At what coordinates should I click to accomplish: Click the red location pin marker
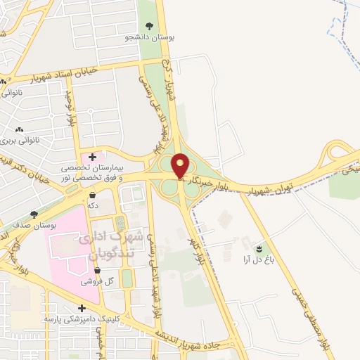click(181, 166)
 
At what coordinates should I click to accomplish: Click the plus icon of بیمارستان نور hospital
click(91, 156)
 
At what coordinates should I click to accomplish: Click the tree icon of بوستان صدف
click(34, 214)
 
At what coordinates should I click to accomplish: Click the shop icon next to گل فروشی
click(107, 270)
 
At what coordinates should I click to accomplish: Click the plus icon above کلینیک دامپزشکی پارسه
click(82, 307)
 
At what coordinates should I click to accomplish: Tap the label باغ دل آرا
click(257, 259)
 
